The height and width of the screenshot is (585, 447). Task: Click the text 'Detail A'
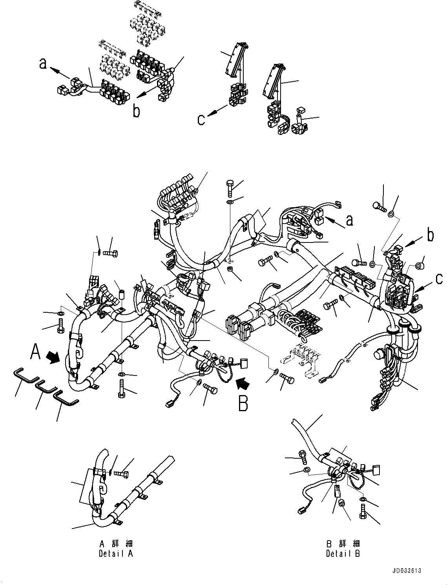pos(116,554)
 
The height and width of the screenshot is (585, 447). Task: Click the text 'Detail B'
pos(343,554)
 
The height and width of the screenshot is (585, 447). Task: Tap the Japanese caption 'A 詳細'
pos(116,544)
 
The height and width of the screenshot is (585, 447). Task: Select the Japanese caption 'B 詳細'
pos(343,544)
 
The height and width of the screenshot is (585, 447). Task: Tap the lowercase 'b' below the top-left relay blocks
pos(136,111)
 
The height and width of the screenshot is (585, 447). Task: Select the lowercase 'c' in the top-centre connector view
pos(201,118)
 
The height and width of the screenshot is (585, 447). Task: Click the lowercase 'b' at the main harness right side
pos(431,235)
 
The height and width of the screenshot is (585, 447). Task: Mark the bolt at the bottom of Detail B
pos(362,512)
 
